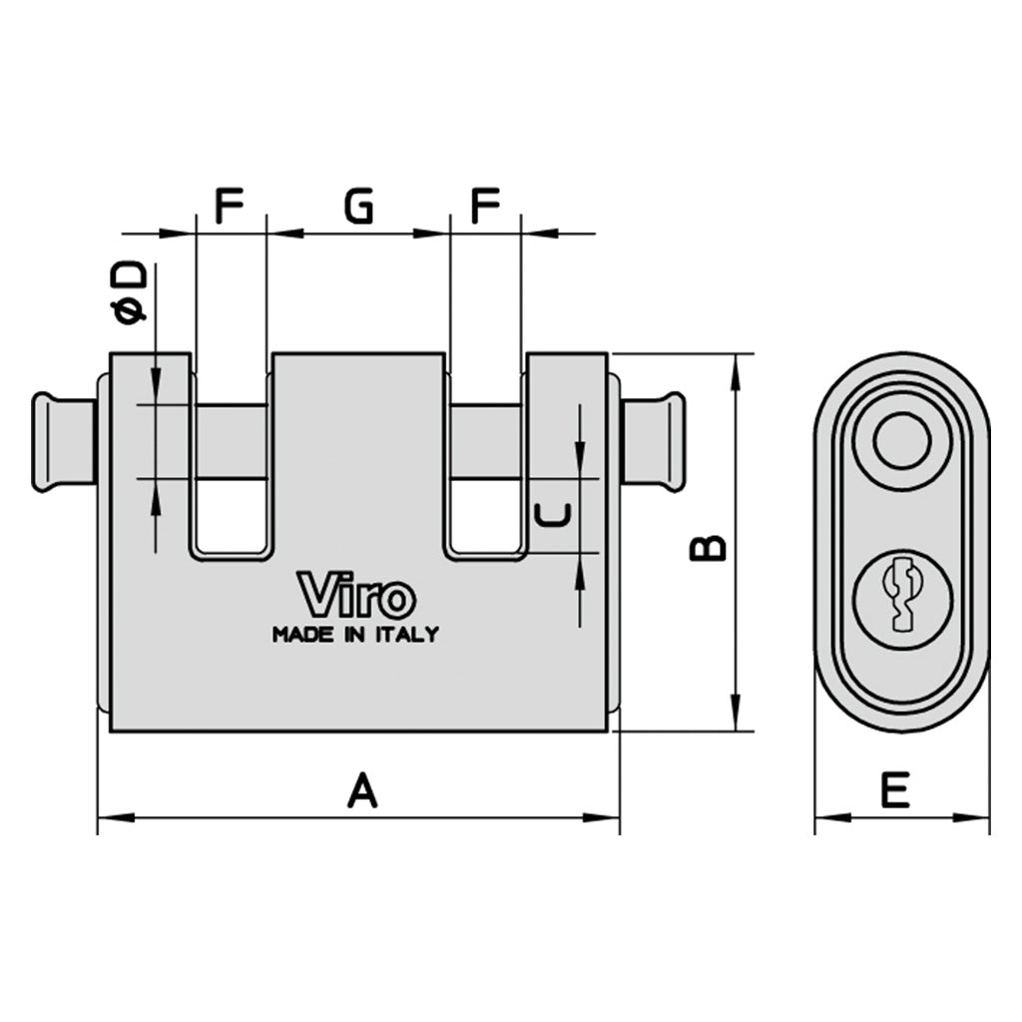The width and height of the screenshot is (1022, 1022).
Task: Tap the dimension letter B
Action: click(x=710, y=547)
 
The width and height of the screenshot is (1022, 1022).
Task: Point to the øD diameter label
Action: click(x=133, y=293)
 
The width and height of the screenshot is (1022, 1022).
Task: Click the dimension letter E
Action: click(x=895, y=790)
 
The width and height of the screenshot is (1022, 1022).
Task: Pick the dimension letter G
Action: click(x=358, y=207)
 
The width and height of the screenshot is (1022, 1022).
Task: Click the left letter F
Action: click(x=231, y=207)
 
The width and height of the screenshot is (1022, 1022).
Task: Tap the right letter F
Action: click(x=485, y=207)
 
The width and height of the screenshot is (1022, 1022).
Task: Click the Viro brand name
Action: click(x=356, y=596)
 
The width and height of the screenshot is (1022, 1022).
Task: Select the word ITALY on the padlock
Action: click(x=406, y=635)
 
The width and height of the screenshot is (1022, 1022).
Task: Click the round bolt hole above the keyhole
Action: click(x=902, y=441)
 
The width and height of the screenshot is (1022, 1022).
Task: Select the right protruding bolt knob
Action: click(x=657, y=441)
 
